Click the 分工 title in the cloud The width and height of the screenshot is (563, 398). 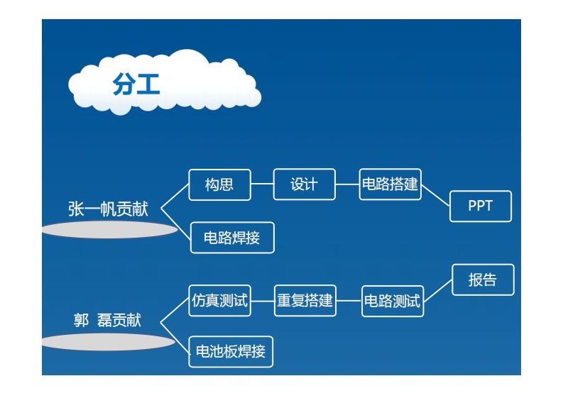(x=136, y=84)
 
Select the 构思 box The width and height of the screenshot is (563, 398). (x=219, y=185)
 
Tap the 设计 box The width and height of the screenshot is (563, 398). (x=304, y=184)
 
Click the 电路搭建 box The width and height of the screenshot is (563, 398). (x=390, y=184)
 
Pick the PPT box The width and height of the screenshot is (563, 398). (x=480, y=206)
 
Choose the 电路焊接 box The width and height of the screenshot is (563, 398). (x=232, y=238)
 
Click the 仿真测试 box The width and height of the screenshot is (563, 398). (x=219, y=301)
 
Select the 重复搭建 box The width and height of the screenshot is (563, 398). (x=305, y=301)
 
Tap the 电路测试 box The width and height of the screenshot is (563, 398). (x=392, y=301)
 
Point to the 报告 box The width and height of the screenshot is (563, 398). (x=483, y=280)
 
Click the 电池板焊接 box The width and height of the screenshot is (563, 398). (x=231, y=351)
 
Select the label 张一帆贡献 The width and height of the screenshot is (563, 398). (x=108, y=209)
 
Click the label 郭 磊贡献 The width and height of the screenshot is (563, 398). (x=108, y=321)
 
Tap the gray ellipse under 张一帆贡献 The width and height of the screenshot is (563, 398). (x=110, y=230)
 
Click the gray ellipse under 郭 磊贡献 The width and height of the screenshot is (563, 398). (x=108, y=342)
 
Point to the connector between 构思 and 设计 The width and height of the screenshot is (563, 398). (x=262, y=184)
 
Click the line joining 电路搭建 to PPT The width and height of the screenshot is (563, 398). (x=436, y=195)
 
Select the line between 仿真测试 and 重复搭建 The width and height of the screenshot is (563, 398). (x=263, y=301)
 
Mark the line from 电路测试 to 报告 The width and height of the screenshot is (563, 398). (x=438, y=291)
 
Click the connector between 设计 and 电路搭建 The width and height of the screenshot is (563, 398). (x=347, y=184)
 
